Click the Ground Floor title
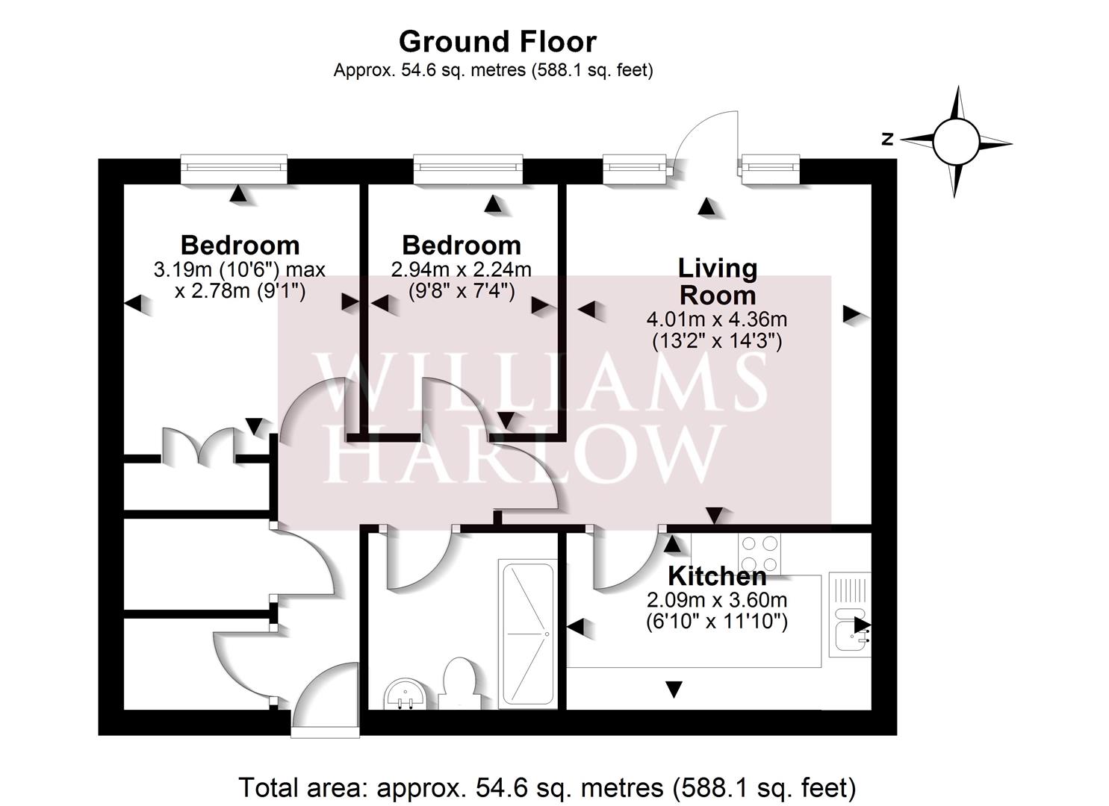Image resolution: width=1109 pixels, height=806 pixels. coord(497,42)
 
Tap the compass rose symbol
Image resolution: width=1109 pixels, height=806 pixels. coord(955,141)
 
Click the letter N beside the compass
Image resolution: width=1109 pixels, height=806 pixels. coord(887,139)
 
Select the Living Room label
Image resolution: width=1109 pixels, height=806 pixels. coord(717,281)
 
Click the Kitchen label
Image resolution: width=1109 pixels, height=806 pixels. coord(716,576)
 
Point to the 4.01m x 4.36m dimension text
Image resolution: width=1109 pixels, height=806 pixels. coord(716,319)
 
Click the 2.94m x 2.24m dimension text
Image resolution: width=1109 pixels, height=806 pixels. coord(461,269)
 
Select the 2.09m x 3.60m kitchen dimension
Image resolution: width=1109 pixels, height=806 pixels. coord(716,599)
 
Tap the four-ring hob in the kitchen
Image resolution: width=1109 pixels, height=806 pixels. coord(759,553)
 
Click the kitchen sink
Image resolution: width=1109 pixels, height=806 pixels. coord(849,627)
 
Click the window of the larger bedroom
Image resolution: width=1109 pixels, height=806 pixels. coord(234,169)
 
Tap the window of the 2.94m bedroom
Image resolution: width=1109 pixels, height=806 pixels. coord(468,169)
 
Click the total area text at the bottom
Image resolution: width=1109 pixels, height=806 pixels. coord(547,787)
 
